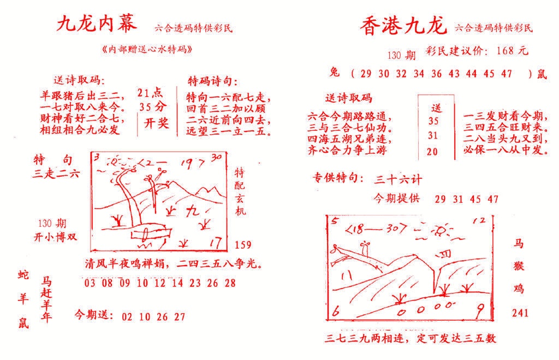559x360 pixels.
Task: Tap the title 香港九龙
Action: [403, 26]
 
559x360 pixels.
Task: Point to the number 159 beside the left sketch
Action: [243, 244]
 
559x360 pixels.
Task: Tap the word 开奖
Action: [156, 123]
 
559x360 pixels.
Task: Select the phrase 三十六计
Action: [398, 178]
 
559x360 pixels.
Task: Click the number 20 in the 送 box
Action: [432, 152]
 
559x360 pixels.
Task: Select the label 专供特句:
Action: [337, 178]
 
